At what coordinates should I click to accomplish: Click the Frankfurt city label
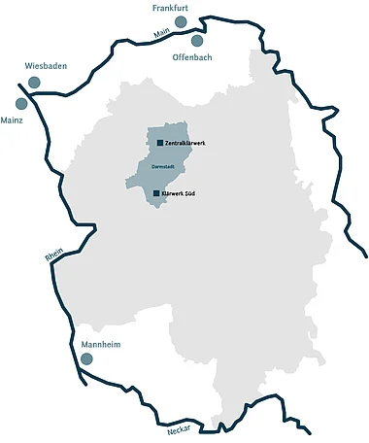point(170,8)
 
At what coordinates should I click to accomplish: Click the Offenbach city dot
point(197,41)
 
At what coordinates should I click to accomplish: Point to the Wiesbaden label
point(46,66)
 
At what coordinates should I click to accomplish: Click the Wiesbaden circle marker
point(34,83)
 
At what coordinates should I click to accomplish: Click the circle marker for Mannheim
point(86,359)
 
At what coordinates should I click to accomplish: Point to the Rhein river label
point(53,256)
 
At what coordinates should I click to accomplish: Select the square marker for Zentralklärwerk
point(159,143)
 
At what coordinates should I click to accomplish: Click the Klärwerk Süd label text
point(182,193)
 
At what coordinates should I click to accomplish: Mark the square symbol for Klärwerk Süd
point(156,193)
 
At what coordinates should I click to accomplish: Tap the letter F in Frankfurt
point(154,8)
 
